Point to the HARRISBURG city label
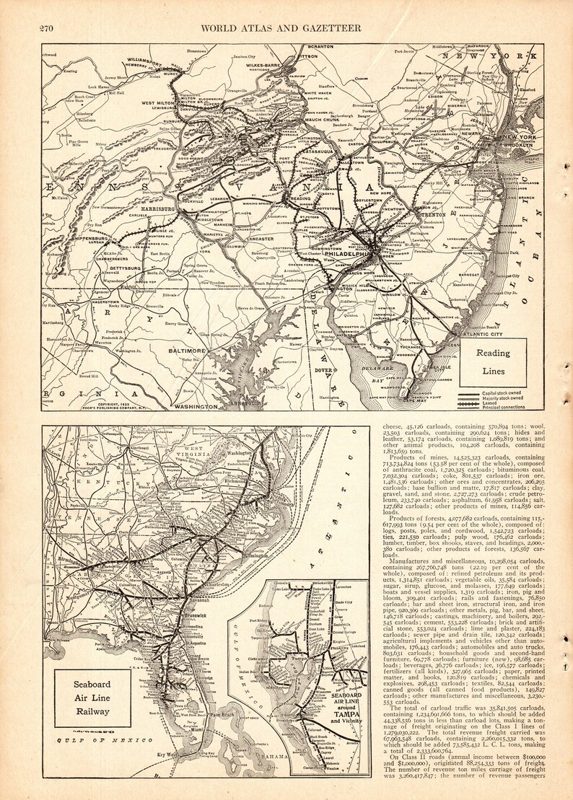154,208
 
